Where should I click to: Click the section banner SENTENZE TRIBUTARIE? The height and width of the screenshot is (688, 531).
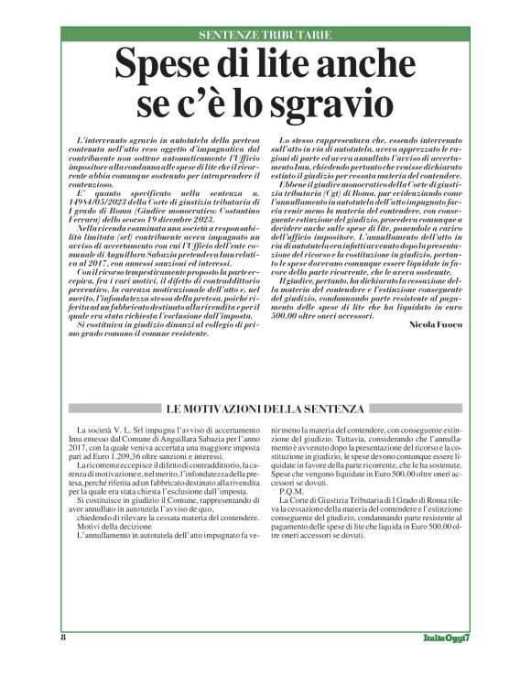[x=265, y=36]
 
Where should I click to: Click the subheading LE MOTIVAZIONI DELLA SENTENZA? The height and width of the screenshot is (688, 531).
[x=265, y=407]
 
